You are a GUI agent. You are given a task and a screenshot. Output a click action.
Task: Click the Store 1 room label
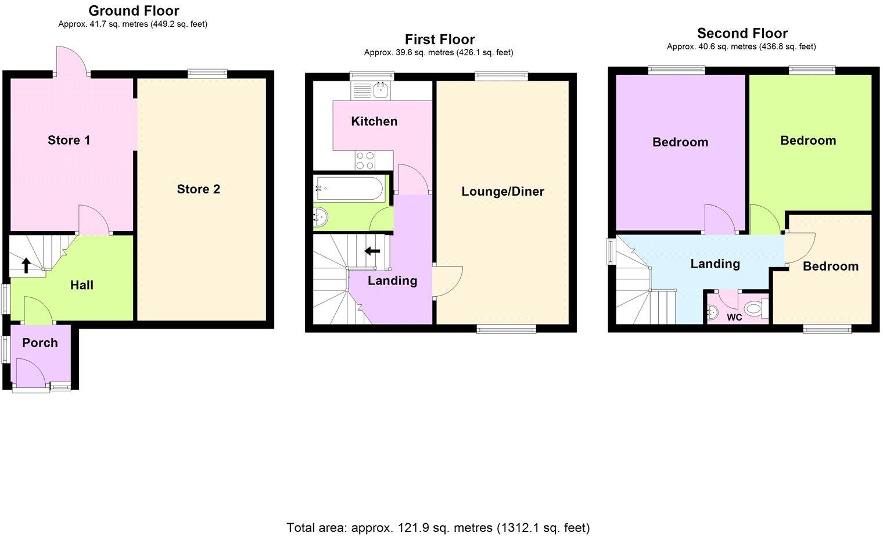tap(69, 140)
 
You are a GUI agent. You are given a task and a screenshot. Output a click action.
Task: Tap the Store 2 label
tap(198, 189)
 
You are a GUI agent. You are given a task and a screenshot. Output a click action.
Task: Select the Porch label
tap(40, 343)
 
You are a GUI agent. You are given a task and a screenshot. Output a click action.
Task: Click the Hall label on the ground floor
tap(81, 285)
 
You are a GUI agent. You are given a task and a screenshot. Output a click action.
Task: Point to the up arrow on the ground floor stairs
tap(26, 265)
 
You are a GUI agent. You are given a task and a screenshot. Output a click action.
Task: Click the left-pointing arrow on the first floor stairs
tap(372, 251)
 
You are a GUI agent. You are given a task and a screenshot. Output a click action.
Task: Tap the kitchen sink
tap(381, 89)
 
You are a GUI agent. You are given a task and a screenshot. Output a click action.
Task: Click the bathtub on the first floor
tap(349, 188)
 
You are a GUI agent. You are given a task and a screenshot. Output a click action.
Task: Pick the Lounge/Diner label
tap(502, 192)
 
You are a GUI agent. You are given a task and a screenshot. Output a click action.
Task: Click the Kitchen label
tap(374, 121)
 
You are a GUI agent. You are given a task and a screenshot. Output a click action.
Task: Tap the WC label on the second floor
tap(734, 318)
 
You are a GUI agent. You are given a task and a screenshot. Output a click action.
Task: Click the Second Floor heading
tap(742, 33)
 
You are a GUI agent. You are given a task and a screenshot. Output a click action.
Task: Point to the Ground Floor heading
tap(134, 10)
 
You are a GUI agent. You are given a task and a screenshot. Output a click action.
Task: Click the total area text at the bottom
tap(438, 527)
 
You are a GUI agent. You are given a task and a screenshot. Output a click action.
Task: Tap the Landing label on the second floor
tap(715, 264)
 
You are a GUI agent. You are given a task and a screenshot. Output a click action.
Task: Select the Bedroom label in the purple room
tap(680, 142)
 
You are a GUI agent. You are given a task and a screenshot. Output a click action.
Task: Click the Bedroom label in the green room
tap(807, 141)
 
